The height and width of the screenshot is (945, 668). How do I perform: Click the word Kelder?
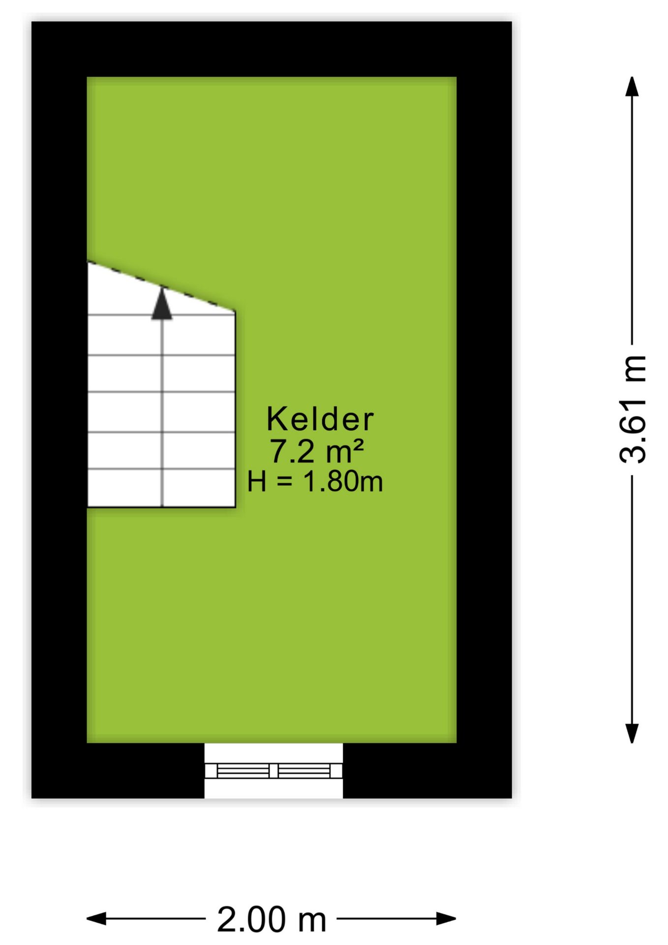point(320,419)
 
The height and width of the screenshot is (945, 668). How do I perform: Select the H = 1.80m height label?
point(315,481)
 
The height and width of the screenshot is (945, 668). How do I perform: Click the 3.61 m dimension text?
point(633,409)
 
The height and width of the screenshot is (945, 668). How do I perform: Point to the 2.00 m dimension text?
point(272,919)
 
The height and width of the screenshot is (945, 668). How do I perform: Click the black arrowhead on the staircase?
point(162,304)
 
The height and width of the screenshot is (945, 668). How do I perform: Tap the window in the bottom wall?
point(273,770)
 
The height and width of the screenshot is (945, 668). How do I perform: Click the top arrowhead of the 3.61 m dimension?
point(632,87)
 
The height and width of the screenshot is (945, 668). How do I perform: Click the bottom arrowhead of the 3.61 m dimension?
point(632,733)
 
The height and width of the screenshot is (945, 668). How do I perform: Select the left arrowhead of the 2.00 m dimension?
point(96,918)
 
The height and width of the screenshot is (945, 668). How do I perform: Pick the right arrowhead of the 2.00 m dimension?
point(447,918)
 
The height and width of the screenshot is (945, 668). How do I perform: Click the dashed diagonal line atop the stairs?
point(161,286)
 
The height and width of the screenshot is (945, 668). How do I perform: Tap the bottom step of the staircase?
point(161,488)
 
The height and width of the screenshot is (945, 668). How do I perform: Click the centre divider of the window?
point(273,770)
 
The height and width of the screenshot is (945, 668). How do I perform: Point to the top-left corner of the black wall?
point(32,22)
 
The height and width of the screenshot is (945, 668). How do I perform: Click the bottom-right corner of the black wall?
point(512,797)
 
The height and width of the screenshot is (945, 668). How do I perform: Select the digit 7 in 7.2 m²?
point(278,451)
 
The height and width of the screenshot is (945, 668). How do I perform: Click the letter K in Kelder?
point(276,419)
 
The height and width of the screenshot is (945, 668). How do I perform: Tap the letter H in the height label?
point(257,481)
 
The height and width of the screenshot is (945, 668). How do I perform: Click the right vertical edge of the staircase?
point(235,409)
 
